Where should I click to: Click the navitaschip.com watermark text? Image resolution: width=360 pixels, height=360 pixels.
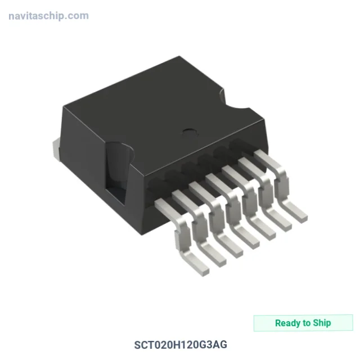pyautogui.click(x=48, y=16)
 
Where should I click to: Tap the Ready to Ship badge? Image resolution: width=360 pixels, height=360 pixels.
pyautogui.click(x=303, y=323)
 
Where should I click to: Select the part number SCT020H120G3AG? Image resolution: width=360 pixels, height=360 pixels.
pyautogui.click(x=181, y=345)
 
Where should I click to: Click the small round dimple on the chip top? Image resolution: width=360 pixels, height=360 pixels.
pyautogui.click(x=190, y=132)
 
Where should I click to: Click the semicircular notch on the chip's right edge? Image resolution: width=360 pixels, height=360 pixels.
pyautogui.click(x=232, y=101)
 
